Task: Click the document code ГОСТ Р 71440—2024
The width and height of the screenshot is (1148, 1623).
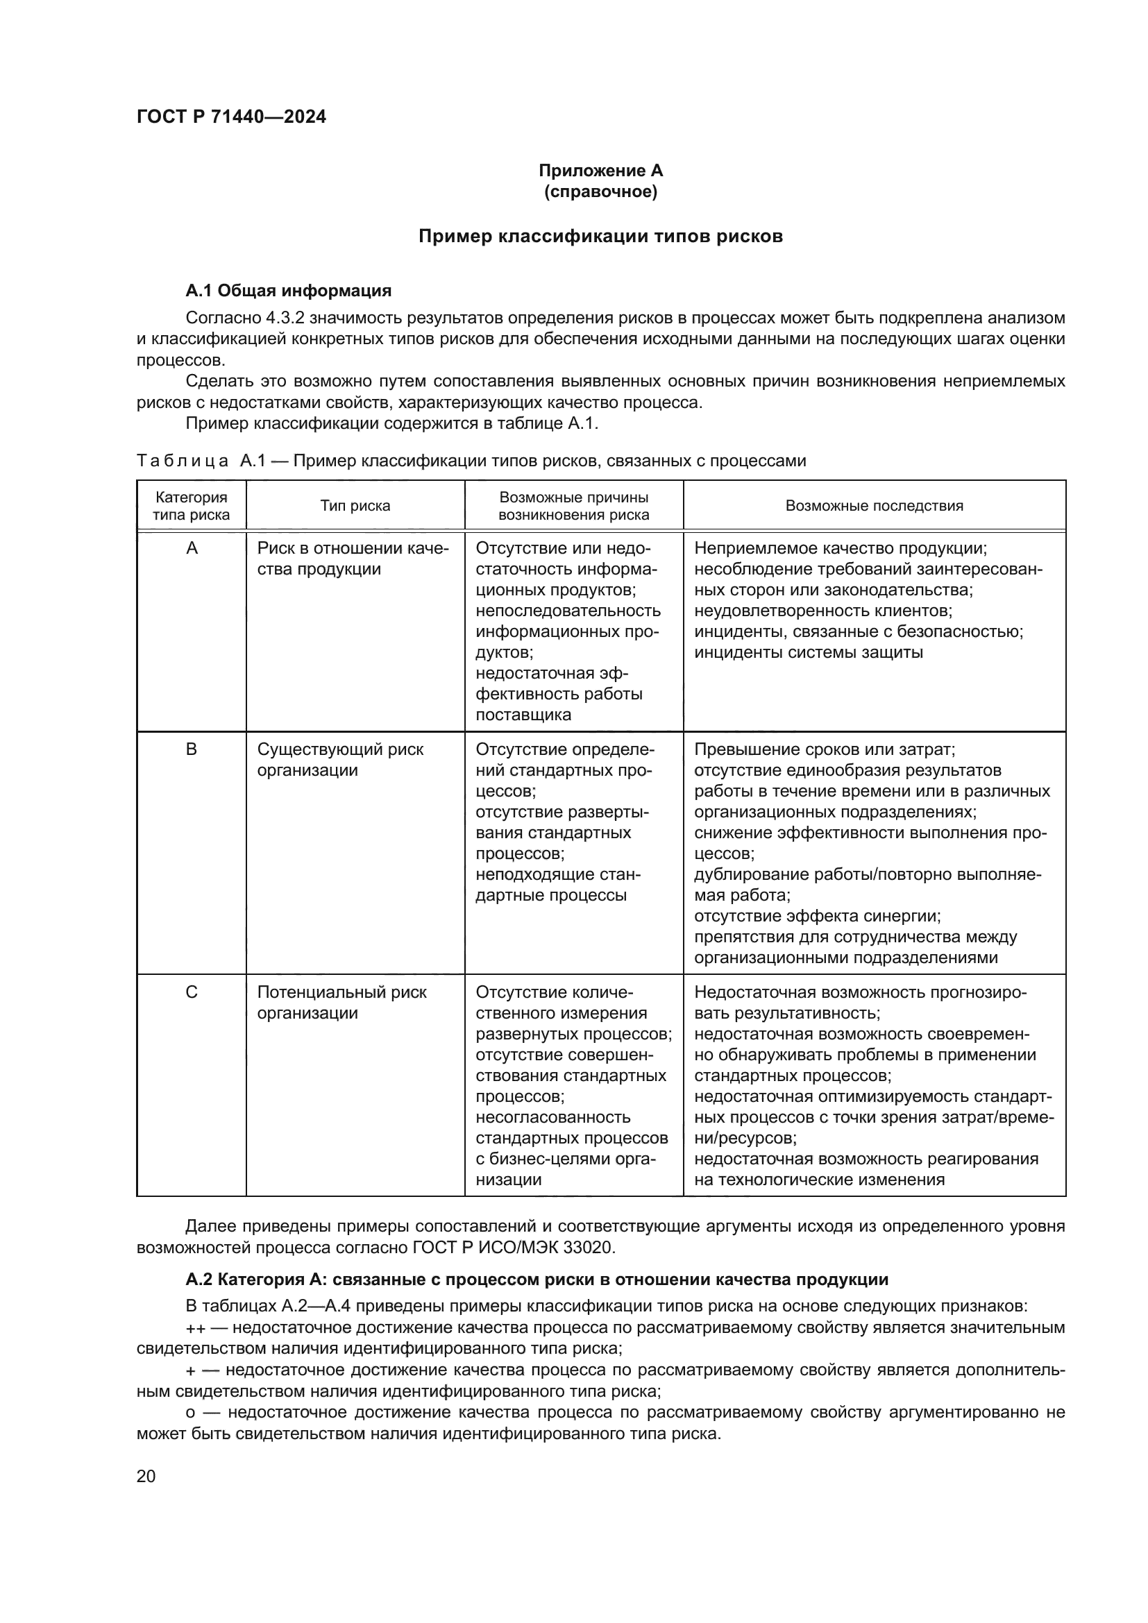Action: point(231,117)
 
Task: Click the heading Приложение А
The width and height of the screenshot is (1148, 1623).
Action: point(600,171)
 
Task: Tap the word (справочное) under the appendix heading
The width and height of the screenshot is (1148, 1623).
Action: point(600,192)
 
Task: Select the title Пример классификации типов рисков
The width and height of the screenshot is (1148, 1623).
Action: point(600,236)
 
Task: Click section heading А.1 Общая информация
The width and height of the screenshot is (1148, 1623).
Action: point(289,291)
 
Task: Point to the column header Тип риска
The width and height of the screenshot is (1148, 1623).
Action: point(355,505)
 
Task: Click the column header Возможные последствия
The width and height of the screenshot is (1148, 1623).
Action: point(874,505)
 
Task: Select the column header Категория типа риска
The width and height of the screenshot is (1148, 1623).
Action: point(191,505)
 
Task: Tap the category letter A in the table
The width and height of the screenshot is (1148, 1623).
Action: point(191,549)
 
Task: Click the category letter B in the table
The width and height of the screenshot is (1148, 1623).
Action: point(191,749)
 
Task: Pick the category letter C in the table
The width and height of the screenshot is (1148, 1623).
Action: point(191,992)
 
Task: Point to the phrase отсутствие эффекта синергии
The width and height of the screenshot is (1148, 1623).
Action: point(817,916)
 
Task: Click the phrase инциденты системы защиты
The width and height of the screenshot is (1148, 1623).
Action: point(808,652)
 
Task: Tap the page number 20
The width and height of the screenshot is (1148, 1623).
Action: point(146,1476)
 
